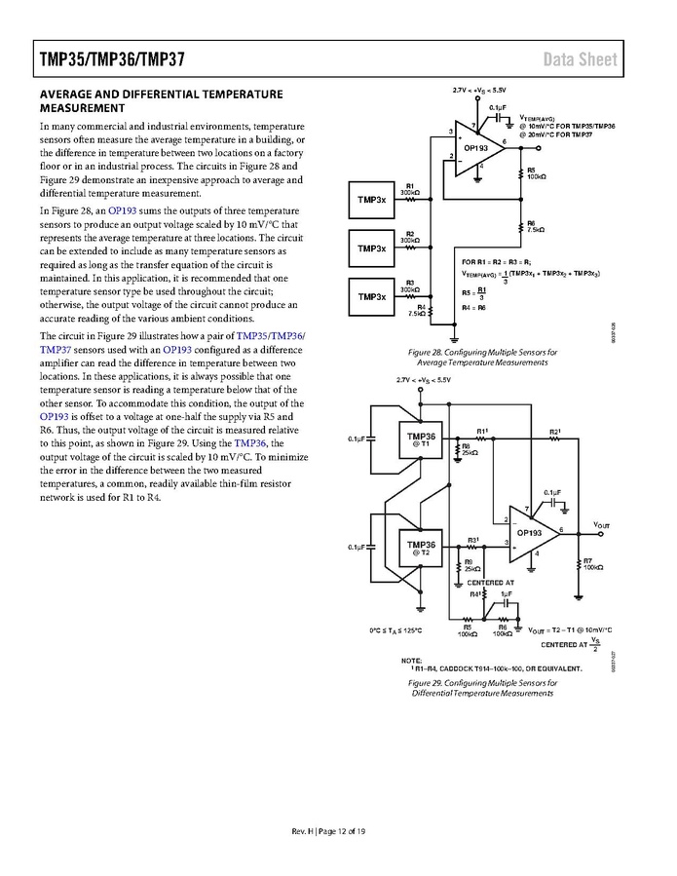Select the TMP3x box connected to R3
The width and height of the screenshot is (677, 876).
(x=371, y=296)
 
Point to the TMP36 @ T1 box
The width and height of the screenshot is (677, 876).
(x=421, y=439)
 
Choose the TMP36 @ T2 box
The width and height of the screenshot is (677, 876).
(x=421, y=548)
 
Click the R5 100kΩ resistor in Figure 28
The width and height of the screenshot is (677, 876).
(x=518, y=173)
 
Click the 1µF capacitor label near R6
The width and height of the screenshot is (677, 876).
(x=507, y=593)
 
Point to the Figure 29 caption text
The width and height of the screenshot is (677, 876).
(x=484, y=688)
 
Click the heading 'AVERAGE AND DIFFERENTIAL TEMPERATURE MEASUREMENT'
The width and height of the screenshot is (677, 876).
(x=161, y=100)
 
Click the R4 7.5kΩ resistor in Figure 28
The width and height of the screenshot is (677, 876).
(x=430, y=313)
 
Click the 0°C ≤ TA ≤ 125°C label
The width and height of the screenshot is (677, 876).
(x=401, y=630)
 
